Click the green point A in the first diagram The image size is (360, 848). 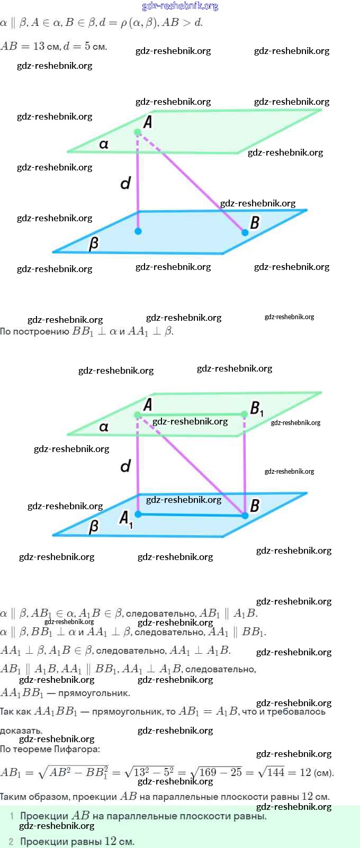(x=138, y=132)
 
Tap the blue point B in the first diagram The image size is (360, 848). (x=245, y=232)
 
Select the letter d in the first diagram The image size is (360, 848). (x=125, y=183)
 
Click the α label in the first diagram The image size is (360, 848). (x=104, y=144)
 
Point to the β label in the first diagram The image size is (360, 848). (x=94, y=243)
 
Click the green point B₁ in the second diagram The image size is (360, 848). (x=245, y=414)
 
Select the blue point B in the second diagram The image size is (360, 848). (x=245, y=515)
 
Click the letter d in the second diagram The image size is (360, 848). (x=125, y=466)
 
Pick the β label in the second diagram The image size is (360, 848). (x=94, y=526)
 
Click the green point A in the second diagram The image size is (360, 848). (x=138, y=415)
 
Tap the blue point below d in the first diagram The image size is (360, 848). (x=138, y=231)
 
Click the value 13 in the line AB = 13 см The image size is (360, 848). (x=39, y=46)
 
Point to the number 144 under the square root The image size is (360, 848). (x=275, y=772)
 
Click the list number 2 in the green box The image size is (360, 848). (x=11, y=841)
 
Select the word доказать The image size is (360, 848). (x=21, y=730)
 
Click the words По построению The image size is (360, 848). (x=34, y=332)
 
